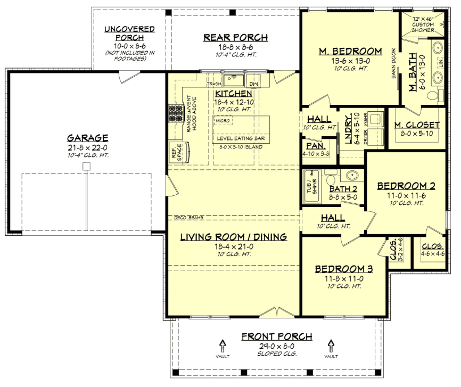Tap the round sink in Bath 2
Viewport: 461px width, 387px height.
coord(352,175)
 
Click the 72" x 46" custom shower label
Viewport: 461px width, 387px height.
coord(423,21)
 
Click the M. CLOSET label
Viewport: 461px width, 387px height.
coord(417,125)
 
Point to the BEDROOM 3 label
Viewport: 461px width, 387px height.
coord(343,269)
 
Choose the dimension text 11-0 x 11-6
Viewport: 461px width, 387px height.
coord(406,195)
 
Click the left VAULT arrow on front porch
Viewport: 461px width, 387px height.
coord(223,345)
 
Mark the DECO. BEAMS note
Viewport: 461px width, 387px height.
coord(188,218)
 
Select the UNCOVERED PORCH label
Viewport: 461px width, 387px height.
coord(129,33)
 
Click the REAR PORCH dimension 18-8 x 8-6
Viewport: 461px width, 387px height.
coord(235,47)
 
